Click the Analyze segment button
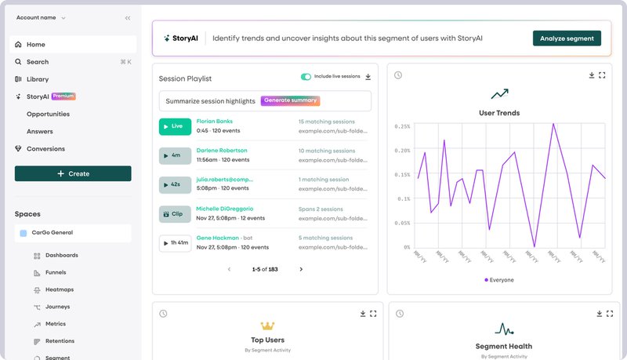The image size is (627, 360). (x=567, y=38)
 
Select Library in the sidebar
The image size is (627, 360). (x=37, y=79)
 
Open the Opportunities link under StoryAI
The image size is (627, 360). (x=48, y=115)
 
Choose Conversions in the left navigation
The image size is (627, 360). (x=45, y=149)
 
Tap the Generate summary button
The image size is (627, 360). (x=291, y=101)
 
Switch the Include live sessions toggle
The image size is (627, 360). (x=306, y=77)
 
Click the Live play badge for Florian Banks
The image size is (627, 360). (x=175, y=126)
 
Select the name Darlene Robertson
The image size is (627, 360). (x=222, y=150)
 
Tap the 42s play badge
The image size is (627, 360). (x=175, y=184)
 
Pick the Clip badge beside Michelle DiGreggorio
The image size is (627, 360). (x=175, y=213)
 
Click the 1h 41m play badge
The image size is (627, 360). (x=175, y=242)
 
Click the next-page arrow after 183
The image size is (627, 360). (x=301, y=269)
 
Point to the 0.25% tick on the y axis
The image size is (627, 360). (x=403, y=126)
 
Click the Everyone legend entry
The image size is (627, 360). (x=499, y=279)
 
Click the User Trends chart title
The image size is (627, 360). (x=499, y=113)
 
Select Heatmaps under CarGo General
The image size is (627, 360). (x=60, y=289)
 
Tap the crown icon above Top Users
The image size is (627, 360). (x=268, y=325)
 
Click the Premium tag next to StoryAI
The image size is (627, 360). (x=63, y=96)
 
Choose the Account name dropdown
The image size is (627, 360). (x=42, y=17)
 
